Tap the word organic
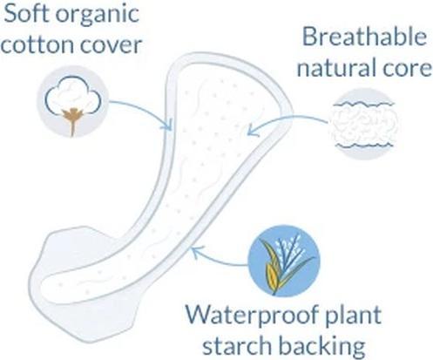click(98, 16)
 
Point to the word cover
click(112, 46)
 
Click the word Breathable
click(365, 37)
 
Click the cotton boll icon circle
click(72, 101)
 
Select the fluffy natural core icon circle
click(364, 124)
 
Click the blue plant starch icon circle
click(284, 261)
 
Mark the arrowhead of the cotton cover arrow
click(167, 125)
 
